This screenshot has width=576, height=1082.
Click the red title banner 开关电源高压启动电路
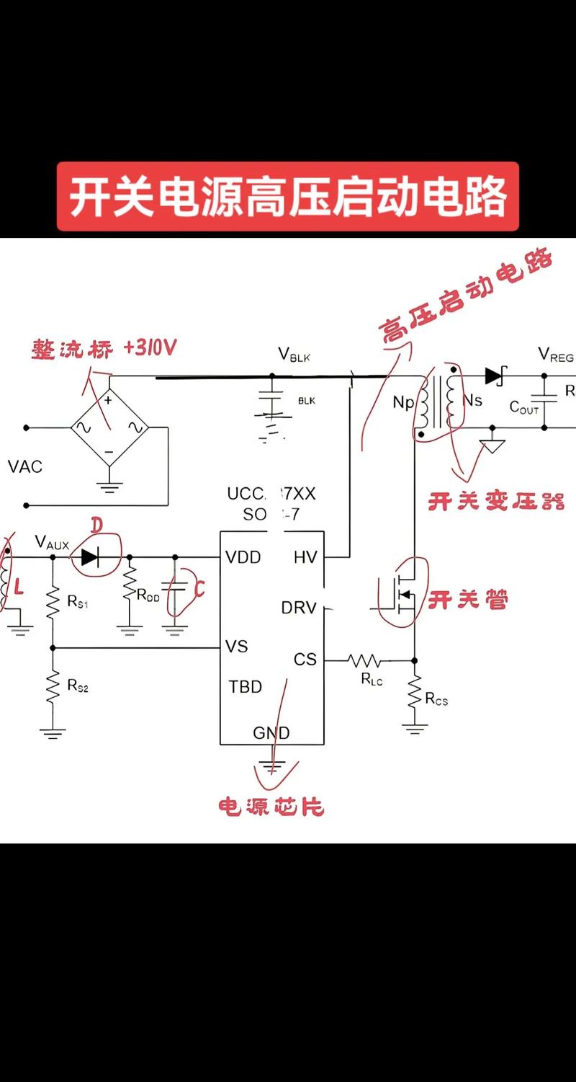tap(288, 197)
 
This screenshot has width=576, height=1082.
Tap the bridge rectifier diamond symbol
tap(109, 427)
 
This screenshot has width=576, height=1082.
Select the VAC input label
tap(25, 466)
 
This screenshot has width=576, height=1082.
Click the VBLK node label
tap(294, 355)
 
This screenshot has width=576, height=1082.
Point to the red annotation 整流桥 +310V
tap(104, 349)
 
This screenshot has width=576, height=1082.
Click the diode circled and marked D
tap(90, 556)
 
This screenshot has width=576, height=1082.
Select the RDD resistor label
tap(148, 595)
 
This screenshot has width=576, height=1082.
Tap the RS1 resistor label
tap(78, 601)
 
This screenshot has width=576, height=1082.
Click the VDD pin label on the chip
tap(243, 557)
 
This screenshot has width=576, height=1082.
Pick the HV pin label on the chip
tap(305, 557)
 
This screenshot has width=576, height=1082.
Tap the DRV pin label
tap(299, 608)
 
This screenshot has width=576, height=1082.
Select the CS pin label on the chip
tap(305, 660)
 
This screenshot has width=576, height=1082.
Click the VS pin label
tap(237, 647)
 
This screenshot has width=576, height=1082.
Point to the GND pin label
tap(271, 733)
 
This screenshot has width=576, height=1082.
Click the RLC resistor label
tap(372, 679)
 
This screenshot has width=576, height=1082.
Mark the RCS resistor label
tap(436, 699)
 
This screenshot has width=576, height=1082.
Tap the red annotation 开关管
tap(468, 600)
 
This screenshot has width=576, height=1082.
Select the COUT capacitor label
tap(524, 407)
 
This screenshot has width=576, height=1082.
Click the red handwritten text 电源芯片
tap(271, 806)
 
